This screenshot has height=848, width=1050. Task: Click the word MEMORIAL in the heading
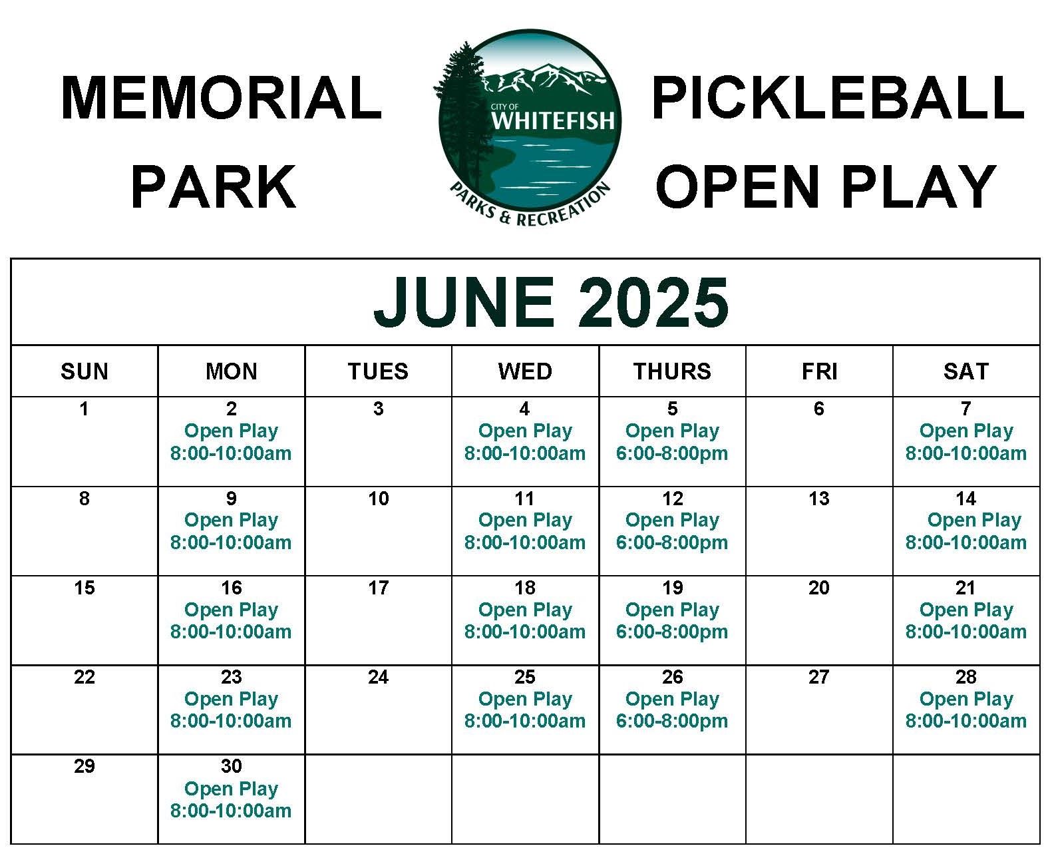point(221,99)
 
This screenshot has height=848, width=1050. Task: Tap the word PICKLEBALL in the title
point(837,99)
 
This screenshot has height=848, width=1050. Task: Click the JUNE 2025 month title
point(551,302)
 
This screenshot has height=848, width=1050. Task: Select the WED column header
point(525,371)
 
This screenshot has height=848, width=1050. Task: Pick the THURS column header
point(672,371)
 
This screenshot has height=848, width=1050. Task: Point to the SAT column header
point(965,371)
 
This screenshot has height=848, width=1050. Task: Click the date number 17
point(378,588)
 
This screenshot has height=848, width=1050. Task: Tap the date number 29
point(84,766)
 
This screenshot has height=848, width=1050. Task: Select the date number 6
point(818,409)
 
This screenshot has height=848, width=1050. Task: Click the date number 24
point(378,677)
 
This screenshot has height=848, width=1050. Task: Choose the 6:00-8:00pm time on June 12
point(672,542)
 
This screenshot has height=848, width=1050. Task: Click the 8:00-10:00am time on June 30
point(231,811)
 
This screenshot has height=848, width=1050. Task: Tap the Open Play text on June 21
point(965,610)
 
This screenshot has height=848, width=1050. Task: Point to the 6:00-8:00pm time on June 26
point(672,721)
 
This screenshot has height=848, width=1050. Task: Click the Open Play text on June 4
point(525,431)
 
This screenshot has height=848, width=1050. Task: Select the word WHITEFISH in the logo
point(552,121)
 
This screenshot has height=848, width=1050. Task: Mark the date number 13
point(818,499)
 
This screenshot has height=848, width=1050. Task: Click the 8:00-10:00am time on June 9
point(231,542)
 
